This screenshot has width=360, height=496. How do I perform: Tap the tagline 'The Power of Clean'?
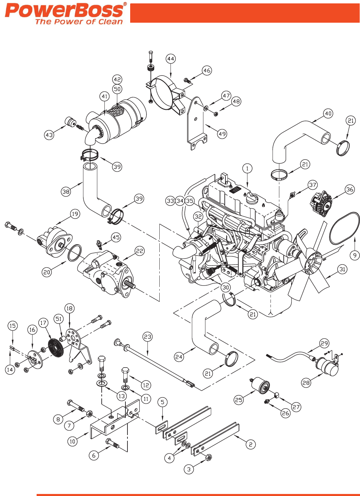[x=79, y=22]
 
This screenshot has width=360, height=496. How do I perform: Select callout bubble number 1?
[x=247, y=168]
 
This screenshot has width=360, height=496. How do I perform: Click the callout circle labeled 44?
[x=171, y=59]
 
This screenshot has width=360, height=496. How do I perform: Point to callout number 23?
[x=147, y=337]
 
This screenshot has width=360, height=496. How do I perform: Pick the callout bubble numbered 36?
[x=350, y=190]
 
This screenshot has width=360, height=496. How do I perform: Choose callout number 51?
[x=59, y=319]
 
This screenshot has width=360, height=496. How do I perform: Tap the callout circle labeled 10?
[x=72, y=441]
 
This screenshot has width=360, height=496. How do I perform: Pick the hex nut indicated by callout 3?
[x=209, y=458]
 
